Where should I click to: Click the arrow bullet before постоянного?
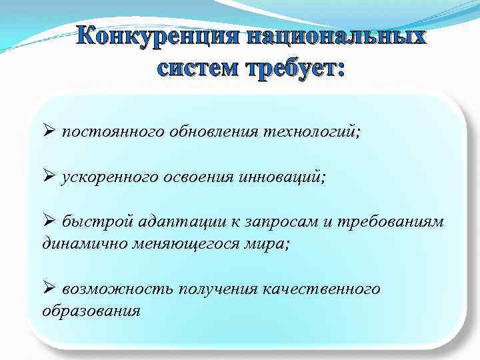click(x=49, y=131)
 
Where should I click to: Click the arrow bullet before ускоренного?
click(x=49, y=177)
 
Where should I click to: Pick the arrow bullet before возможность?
click(x=49, y=288)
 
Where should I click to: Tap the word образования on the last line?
click(x=91, y=310)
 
